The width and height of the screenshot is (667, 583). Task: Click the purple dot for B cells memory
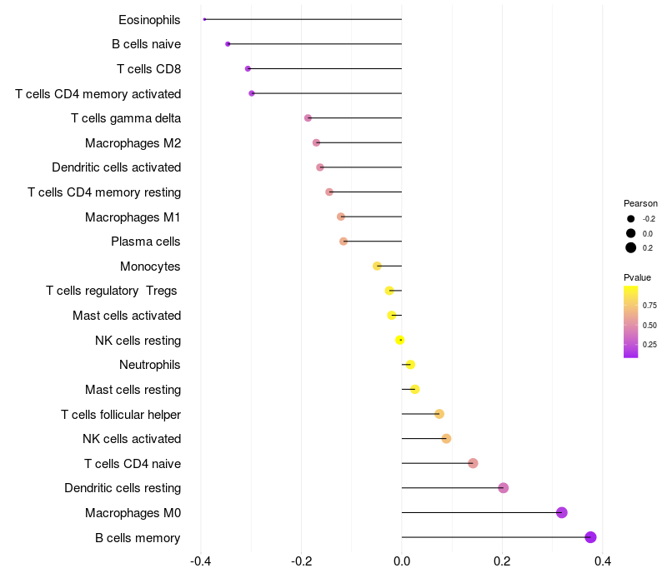(x=590, y=537)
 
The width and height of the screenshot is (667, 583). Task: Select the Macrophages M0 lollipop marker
(x=561, y=512)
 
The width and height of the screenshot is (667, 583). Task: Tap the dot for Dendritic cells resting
(x=503, y=488)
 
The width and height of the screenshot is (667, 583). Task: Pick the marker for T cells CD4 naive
(x=473, y=463)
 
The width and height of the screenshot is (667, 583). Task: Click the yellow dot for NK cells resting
(x=400, y=340)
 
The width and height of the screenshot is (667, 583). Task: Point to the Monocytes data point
(x=377, y=266)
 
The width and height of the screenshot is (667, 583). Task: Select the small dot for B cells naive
(x=228, y=43)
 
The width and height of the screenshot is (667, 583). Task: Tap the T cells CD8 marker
(x=248, y=68)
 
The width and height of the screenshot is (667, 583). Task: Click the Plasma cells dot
(x=344, y=242)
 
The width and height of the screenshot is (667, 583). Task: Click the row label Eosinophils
(x=149, y=19)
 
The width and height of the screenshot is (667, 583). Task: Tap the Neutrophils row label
(x=150, y=365)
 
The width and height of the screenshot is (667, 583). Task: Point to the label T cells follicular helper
(x=121, y=414)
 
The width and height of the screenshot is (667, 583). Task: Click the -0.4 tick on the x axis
(x=201, y=561)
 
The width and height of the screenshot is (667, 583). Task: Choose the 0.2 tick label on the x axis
(x=502, y=561)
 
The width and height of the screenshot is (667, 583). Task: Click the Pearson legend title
(x=640, y=203)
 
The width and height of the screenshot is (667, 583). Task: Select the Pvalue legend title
(x=637, y=277)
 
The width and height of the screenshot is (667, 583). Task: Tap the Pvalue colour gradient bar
(x=631, y=321)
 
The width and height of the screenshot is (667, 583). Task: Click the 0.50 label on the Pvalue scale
(x=649, y=325)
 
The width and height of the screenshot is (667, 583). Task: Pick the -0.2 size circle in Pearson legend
(x=631, y=219)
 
